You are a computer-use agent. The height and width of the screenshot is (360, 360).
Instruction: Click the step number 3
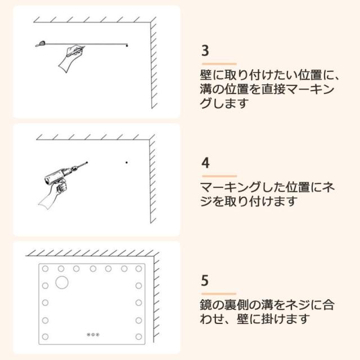click(205, 51)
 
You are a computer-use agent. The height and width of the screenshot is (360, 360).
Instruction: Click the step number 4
click(205, 163)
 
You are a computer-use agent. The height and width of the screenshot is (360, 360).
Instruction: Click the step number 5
click(205, 280)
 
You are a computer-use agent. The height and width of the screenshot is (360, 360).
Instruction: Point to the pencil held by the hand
click(75, 52)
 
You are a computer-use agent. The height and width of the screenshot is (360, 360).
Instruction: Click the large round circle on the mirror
click(62, 282)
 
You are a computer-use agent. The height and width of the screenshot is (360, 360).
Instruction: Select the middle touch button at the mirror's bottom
click(93, 335)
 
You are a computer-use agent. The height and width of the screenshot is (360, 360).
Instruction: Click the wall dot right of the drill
click(127, 163)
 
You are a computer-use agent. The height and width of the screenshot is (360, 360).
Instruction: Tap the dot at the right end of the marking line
click(127, 46)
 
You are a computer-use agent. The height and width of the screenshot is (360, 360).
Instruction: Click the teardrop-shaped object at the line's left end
click(41, 43)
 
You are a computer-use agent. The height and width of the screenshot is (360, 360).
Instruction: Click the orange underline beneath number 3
click(219, 64)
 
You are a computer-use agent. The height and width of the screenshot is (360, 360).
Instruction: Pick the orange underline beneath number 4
click(219, 176)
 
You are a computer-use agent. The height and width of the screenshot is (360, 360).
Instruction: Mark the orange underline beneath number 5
click(219, 294)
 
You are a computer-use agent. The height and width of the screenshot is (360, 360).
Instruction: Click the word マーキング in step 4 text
click(231, 187)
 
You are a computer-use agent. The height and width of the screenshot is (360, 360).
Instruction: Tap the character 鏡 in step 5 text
click(205, 305)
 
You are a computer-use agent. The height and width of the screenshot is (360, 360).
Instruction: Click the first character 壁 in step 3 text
click(206, 75)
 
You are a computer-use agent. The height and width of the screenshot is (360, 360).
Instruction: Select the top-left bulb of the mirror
click(45, 269)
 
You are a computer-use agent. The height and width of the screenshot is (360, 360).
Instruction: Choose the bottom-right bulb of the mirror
click(138, 337)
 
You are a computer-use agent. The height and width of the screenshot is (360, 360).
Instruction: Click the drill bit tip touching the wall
click(87, 163)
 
